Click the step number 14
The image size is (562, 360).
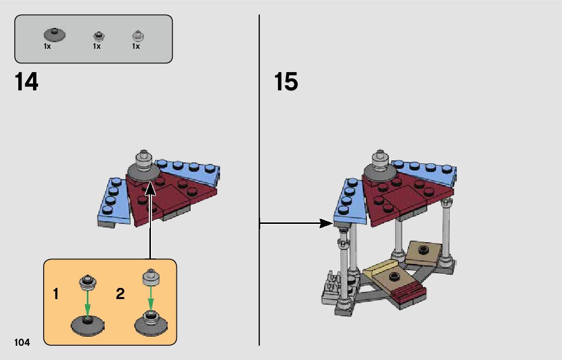tap(26, 82)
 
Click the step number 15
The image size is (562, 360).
tap(286, 82)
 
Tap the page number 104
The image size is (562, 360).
tap(22, 343)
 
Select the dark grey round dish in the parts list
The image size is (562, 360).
tap(54, 35)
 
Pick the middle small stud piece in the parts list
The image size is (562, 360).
tap(99, 37)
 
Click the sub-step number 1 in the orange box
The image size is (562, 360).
tap(56, 293)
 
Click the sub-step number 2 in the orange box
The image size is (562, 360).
tap(120, 293)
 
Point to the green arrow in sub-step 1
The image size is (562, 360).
tap(88, 302)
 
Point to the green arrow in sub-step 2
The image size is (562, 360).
tap(150, 300)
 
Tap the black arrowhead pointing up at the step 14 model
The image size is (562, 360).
tap(150, 189)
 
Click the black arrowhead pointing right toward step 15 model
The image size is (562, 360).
tap(326, 222)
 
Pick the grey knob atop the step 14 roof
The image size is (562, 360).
tap(143, 160)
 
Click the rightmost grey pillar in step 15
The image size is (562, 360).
tap(447, 231)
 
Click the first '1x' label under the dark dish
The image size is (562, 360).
tap(47, 46)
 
